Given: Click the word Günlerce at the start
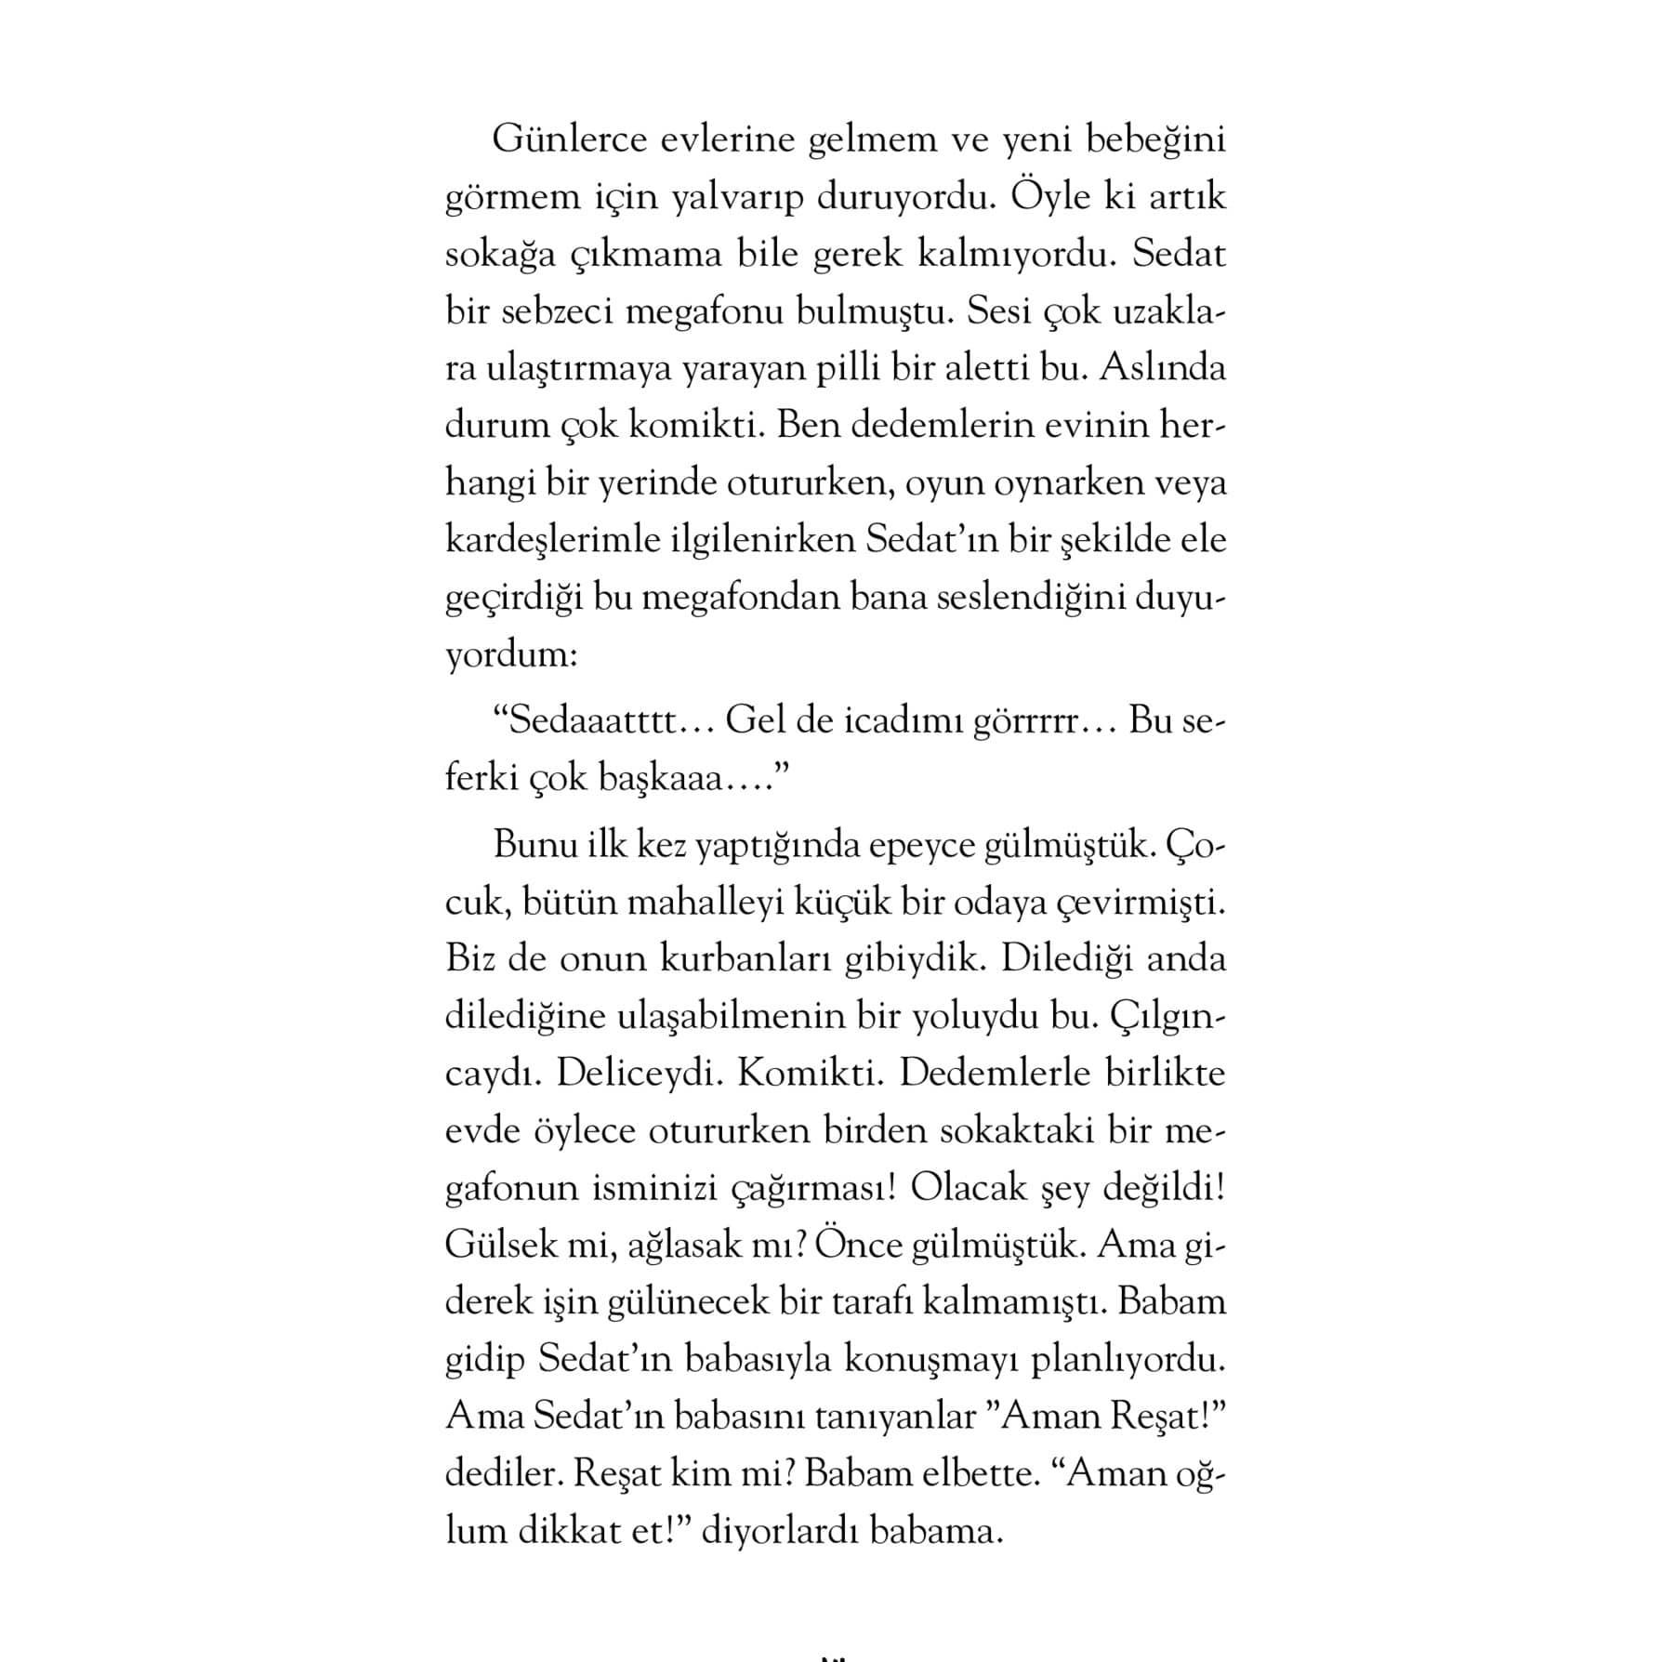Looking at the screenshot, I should (569, 140).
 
